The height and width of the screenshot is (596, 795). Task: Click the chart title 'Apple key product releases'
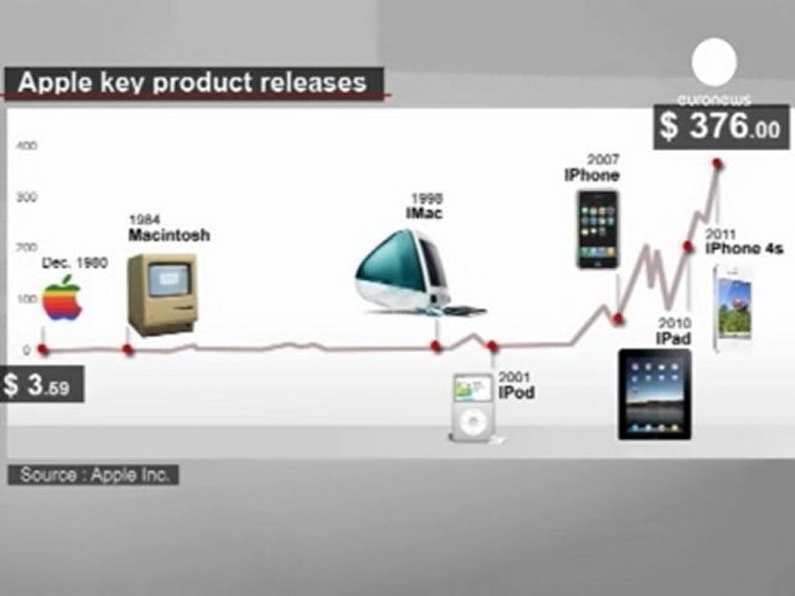click(192, 83)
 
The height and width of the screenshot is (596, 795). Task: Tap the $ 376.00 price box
click(721, 126)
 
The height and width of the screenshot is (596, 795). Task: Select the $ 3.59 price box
click(41, 384)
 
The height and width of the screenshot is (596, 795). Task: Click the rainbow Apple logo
click(62, 298)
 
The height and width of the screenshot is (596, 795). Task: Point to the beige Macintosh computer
click(161, 293)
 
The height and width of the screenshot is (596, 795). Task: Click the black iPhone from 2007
click(598, 229)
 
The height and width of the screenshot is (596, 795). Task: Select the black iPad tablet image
click(654, 394)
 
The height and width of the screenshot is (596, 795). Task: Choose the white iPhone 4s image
click(733, 309)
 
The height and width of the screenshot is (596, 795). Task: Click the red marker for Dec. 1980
click(44, 349)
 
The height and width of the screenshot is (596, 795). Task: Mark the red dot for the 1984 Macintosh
click(128, 349)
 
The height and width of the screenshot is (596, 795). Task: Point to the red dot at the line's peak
click(717, 163)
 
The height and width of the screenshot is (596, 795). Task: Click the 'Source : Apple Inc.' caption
click(94, 475)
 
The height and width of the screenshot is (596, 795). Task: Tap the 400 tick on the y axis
click(26, 146)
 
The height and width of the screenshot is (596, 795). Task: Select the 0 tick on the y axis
click(26, 349)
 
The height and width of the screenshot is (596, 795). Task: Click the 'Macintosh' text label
click(169, 235)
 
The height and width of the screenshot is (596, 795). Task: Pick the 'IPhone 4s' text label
click(744, 248)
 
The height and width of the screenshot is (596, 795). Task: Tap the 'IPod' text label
click(516, 392)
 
